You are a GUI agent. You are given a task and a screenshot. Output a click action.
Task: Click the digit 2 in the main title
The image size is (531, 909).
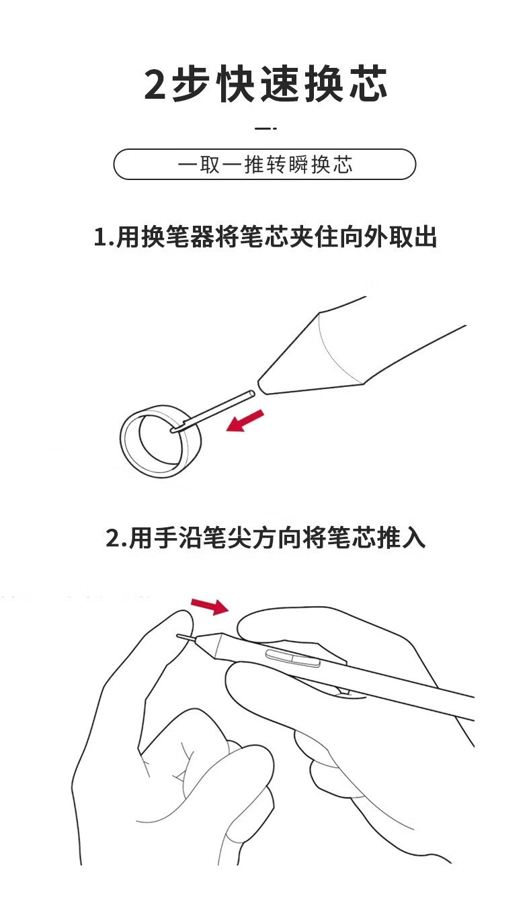155,85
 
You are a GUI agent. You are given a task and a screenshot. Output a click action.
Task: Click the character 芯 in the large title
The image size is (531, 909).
368,83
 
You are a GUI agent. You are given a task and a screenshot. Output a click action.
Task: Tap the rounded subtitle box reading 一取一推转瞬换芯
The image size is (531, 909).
265,165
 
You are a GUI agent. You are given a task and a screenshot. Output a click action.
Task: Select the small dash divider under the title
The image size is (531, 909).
266,128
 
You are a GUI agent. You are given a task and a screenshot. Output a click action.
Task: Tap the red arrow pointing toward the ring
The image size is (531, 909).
245,421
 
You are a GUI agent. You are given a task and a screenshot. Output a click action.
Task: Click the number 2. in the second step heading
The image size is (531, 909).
116,539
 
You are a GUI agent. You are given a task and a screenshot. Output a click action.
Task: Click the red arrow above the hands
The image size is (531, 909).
210,606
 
